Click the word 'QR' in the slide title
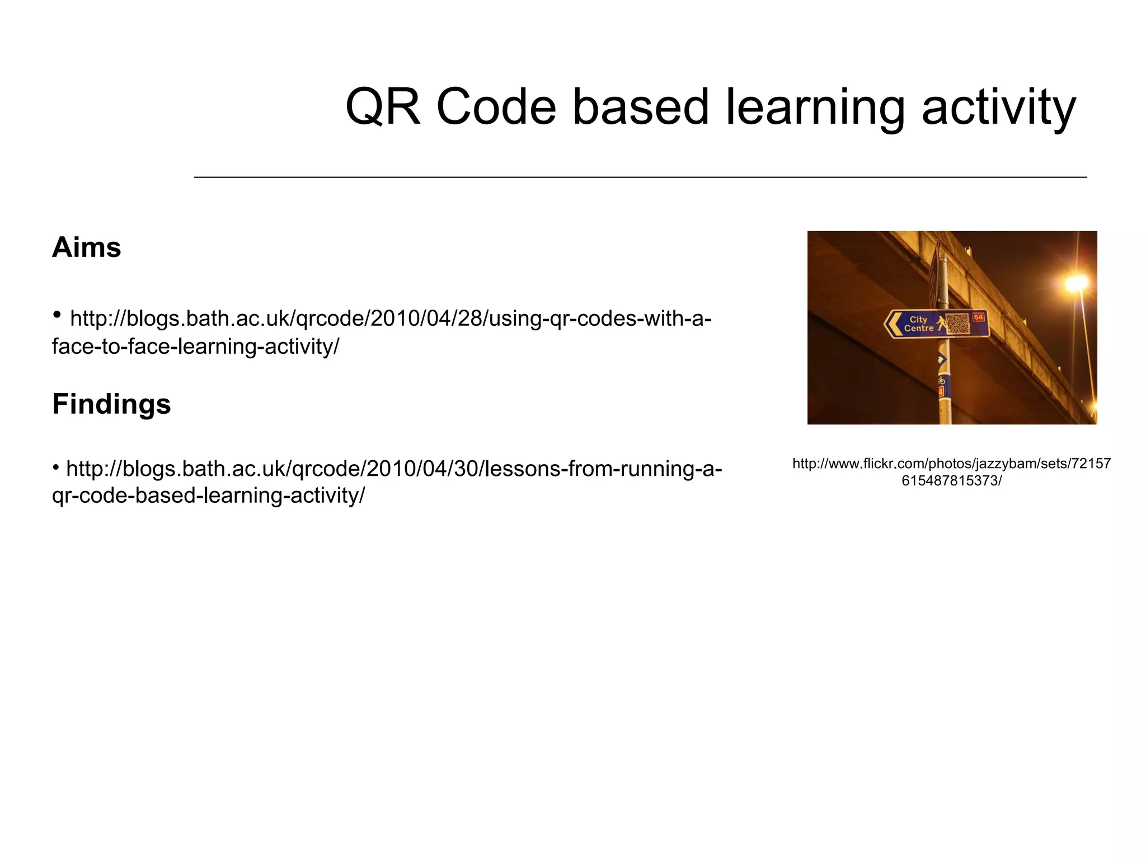[383, 107]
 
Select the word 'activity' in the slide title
[998, 107]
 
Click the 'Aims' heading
[87, 247]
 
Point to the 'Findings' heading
[111, 404]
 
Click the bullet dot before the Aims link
[57, 315]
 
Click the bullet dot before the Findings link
[56, 466]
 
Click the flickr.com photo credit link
[951, 471]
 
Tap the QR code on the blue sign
[957, 323]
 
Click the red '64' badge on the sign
[978, 317]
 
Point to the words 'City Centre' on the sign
[918, 324]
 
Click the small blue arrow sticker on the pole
[942, 359]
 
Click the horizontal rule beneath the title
[640, 177]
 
